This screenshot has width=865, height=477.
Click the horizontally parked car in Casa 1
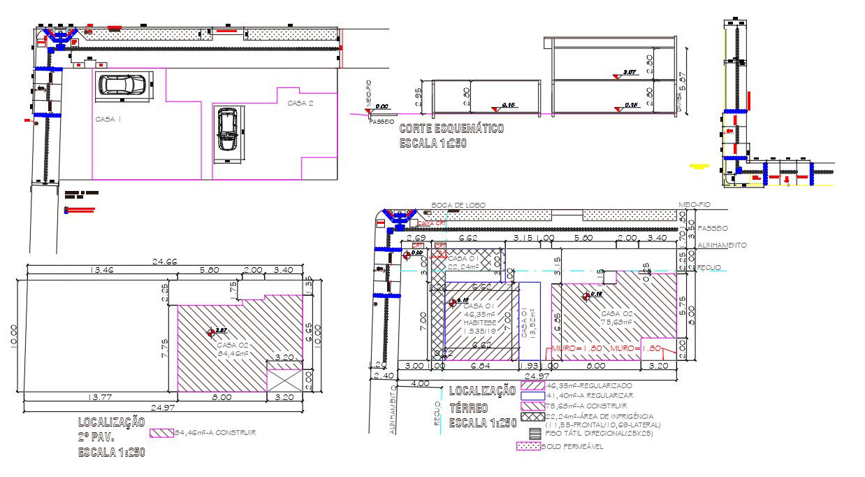click(x=122, y=85)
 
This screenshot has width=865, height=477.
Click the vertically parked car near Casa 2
click(x=226, y=129)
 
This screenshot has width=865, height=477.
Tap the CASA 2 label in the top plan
click(x=300, y=104)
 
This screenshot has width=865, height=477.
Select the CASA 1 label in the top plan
click(x=108, y=120)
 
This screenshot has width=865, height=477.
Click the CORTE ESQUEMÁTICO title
click(x=451, y=129)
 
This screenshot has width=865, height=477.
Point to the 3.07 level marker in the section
click(x=628, y=72)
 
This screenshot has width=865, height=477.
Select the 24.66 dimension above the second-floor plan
click(x=166, y=262)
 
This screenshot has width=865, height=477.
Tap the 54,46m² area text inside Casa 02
click(x=233, y=353)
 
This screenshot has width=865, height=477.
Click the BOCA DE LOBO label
click(x=458, y=205)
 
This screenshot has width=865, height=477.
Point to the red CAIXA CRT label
click(x=432, y=224)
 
